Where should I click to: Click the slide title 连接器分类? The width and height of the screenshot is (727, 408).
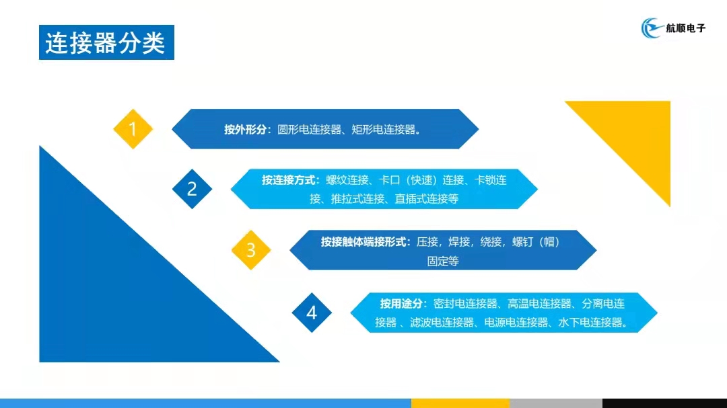[x=105, y=43]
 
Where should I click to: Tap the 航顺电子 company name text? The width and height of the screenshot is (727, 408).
[x=685, y=28]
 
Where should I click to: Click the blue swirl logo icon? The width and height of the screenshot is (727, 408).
[x=652, y=28]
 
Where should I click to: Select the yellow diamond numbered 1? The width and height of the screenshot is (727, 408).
[x=133, y=129]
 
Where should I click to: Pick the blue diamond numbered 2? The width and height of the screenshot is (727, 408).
[x=192, y=189]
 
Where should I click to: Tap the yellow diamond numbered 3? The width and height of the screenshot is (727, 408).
[x=251, y=250]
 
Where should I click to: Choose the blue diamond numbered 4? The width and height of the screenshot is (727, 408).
[x=312, y=313]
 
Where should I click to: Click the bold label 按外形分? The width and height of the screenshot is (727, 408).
[x=245, y=130]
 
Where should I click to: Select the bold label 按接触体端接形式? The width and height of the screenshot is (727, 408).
[x=363, y=242]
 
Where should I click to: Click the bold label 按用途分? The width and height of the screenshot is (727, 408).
[x=401, y=304]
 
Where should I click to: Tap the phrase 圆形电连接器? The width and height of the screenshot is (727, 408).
[x=309, y=130]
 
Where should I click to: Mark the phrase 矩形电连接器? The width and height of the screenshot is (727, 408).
[x=384, y=130]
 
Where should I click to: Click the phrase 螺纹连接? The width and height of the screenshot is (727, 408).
[x=347, y=180]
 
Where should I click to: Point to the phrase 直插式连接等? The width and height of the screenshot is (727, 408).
[x=427, y=199]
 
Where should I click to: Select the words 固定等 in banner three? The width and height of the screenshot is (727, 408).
[x=443, y=261]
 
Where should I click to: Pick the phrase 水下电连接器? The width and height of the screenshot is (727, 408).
[x=590, y=323]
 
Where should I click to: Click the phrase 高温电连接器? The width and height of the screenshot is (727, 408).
[x=540, y=304]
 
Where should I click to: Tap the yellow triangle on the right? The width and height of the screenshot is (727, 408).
[x=635, y=136]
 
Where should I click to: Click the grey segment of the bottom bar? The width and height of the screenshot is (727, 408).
[x=556, y=403]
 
